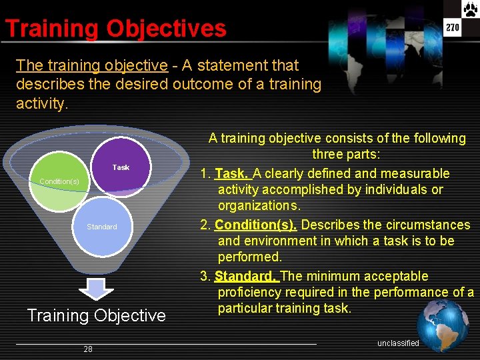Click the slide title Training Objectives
point(115,29)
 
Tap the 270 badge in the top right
point(453,27)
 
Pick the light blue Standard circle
point(102,227)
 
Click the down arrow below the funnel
point(96,290)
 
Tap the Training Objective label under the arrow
point(96,315)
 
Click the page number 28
point(88,349)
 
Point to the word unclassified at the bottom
point(398,343)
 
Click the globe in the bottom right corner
point(443,324)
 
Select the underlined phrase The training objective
point(92,65)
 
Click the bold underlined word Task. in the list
point(231,173)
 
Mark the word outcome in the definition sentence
point(201,85)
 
